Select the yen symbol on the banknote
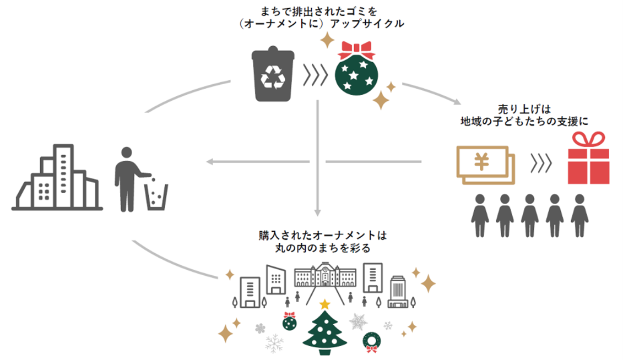tap(482, 162)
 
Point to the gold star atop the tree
tap(325, 304)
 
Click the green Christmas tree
tap(325, 333)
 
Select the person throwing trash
tap(128, 179)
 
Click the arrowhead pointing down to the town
tap(317, 212)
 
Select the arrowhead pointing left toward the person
tap(210, 162)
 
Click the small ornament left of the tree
tap(290, 321)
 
